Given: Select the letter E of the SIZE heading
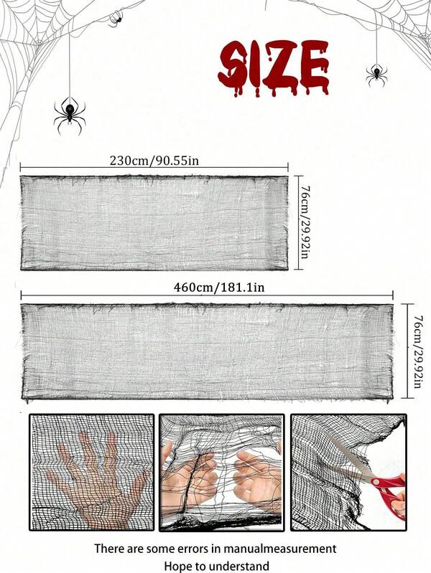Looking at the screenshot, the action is pyautogui.click(x=313, y=67).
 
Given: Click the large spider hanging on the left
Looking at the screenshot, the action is pyautogui.click(x=70, y=114).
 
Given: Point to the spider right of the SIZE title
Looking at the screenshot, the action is pyautogui.click(x=376, y=74).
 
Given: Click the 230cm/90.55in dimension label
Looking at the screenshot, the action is pyautogui.click(x=154, y=160).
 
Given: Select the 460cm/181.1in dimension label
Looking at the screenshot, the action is pyautogui.click(x=219, y=288).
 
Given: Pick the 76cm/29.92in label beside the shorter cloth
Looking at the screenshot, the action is pyautogui.click(x=305, y=222).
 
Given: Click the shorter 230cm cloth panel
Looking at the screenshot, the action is pyautogui.click(x=154, y=223).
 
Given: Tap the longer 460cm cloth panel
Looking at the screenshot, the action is pyautogui.click(x=207, y=351).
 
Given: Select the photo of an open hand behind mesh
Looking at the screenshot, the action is pyautogui.click(x=91, y=472).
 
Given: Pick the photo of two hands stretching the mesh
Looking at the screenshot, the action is pyautogui.click(x=221, y=472).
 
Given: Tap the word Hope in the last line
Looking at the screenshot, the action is pyautogui.click(x=177, y=566).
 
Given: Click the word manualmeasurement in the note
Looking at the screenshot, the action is pyautogui.click(x=279, y=549).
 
